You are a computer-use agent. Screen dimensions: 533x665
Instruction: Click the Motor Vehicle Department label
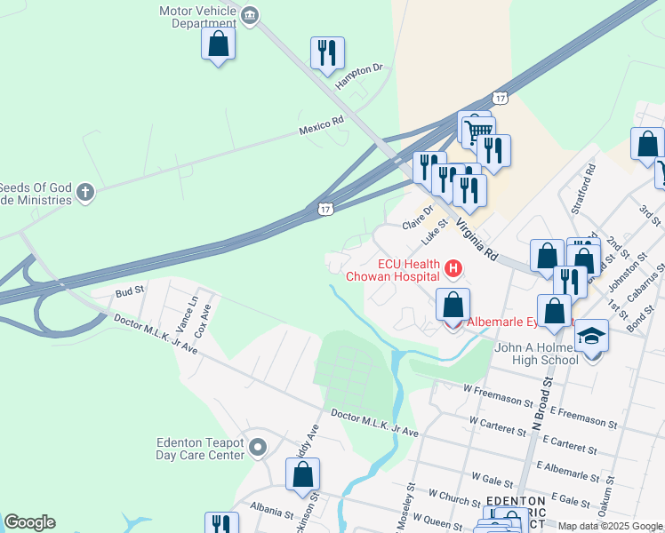(196, 17)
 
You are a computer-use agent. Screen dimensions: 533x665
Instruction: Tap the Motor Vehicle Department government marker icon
(250, 14)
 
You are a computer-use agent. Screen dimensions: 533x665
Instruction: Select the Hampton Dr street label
(359, 76)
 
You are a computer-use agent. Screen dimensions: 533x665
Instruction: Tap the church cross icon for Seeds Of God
(84, 192)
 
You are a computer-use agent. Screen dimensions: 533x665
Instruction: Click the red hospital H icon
(453, 267)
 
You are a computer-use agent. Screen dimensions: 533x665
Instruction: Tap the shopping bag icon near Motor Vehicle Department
(218, 44)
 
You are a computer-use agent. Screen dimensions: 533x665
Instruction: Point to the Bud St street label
(130, 291)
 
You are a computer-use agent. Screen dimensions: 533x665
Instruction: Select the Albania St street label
(272, 513)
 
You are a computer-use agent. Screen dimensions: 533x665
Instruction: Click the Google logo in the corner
(29, 521)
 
